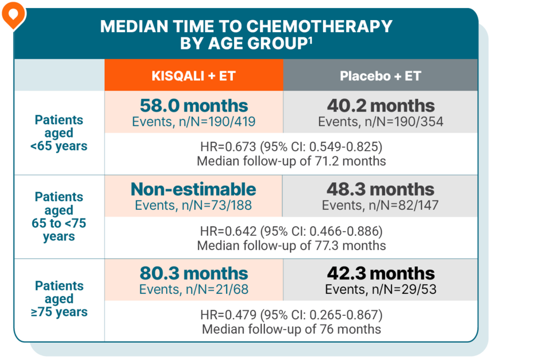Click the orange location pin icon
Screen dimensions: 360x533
point(11,14)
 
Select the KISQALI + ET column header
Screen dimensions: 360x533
point(193,76)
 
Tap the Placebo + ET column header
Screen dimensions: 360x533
point(380,76)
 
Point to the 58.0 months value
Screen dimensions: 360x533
point(194,106)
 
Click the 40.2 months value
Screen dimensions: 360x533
point(380,106)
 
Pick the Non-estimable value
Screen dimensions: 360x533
point(193,189)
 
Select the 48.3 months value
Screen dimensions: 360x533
point(380,189)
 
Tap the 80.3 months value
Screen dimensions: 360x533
point(194,273)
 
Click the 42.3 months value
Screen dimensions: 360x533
point(380,273)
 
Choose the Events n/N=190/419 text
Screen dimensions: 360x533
point(194,121)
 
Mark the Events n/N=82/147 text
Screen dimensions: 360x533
point(380,205)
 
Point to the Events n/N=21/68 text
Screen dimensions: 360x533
point(194,289)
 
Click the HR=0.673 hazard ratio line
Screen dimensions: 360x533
point(291,145)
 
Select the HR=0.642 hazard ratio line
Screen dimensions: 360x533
point(291,231)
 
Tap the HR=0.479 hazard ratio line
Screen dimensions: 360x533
point(291,315)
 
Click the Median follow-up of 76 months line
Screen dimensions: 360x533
point(291,330)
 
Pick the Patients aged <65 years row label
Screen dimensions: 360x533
point(59,133)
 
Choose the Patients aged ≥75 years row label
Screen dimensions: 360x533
point(59,299)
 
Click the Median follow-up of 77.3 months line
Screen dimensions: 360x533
point(291,246)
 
